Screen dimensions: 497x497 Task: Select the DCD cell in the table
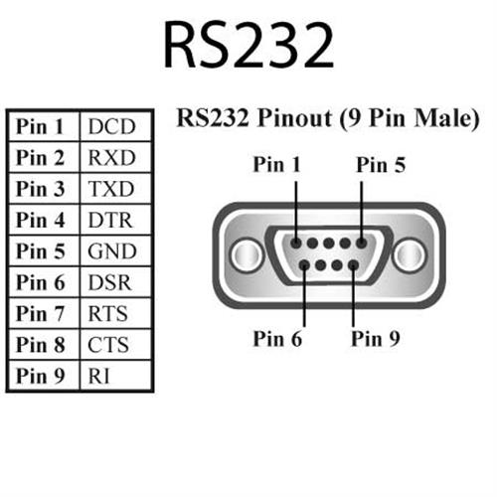click(x=111, y=127)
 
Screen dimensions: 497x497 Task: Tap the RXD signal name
click(x=111, y=158)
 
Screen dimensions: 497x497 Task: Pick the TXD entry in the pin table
click(x=111, y=189)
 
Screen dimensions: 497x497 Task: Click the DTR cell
click(x=110, y=221)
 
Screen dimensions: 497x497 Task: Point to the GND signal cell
click(x=111, y=251)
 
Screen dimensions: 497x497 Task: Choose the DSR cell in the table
click(x=110, y=283)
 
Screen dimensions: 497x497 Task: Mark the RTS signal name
click(x=108, y=314)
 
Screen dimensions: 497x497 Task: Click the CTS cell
click(x=108, y=346)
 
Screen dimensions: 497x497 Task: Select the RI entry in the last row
click(x=98, y=377)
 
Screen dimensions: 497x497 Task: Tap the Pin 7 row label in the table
click(x=41, y=314)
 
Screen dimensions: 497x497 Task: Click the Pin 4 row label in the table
click(x=41, y=221)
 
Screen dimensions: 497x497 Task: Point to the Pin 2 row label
click(x=41, y=158)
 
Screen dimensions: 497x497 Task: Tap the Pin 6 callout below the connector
click(x=277, y=338)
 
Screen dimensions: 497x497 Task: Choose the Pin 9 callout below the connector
click(x=375, y=338)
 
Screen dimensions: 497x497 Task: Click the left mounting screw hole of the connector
click(x=246, y=254)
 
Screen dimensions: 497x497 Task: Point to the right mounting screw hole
click(x=409, y=254)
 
